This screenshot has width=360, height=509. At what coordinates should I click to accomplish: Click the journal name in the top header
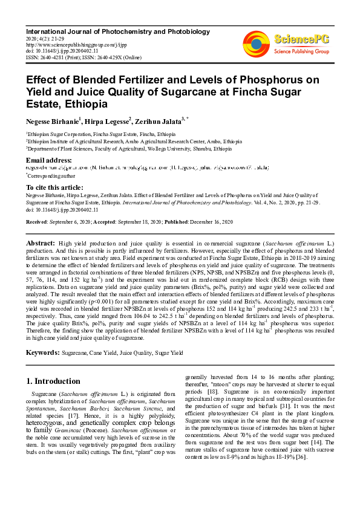tap(118, 31)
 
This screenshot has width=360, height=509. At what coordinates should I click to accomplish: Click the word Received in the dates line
tap(37, 222)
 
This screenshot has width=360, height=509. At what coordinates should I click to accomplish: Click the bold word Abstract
tap(41, 242)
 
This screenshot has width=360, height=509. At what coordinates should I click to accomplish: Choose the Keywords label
tap(42, 352)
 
